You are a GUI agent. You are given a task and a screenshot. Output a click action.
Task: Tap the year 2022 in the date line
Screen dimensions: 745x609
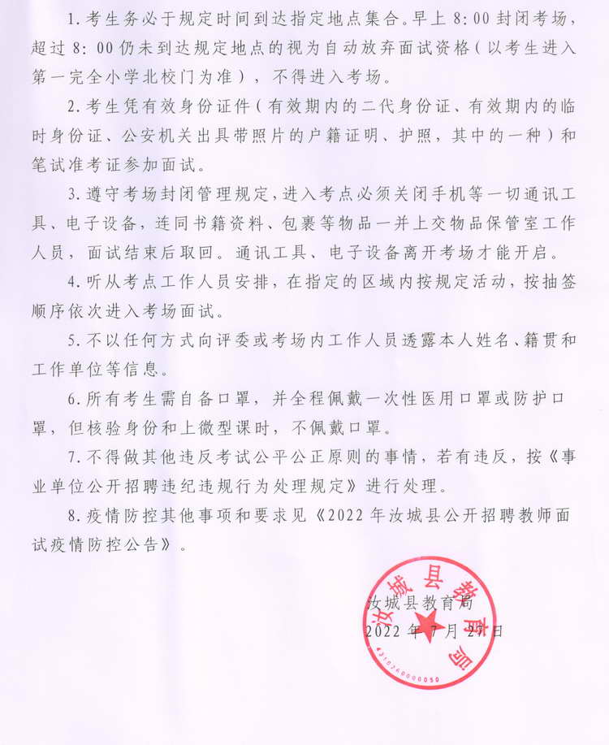pos(384,630)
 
